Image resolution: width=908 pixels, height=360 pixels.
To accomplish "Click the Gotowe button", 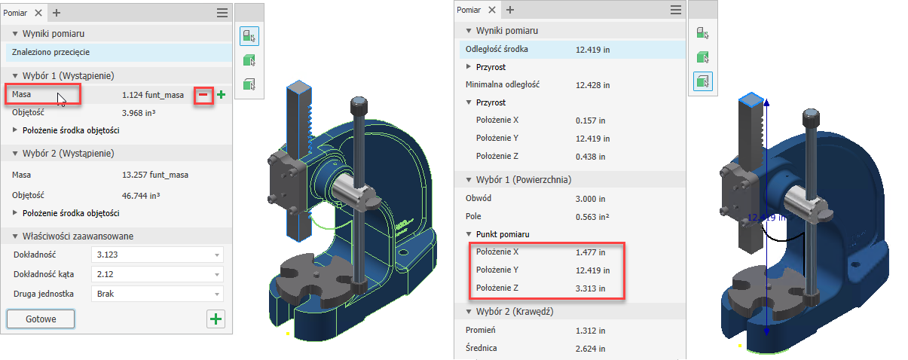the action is pos(41,319).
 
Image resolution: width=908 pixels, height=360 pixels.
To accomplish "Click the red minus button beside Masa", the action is pos(203,95).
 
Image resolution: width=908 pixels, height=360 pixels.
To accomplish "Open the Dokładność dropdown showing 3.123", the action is pos(157,255).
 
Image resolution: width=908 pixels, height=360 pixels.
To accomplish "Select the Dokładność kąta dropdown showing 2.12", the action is pos(157,274).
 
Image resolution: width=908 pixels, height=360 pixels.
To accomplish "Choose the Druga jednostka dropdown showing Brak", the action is pos(157,294).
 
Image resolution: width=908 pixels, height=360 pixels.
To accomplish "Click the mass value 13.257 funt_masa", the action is pos(154,175).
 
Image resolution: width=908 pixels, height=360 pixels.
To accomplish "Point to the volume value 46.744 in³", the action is pos(141,196).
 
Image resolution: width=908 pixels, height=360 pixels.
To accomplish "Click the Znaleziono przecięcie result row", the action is pos(119,52).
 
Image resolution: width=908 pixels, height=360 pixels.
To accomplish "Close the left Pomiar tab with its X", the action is pos(38,13).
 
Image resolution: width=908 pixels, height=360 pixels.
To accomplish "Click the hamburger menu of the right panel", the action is pos(676,10).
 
